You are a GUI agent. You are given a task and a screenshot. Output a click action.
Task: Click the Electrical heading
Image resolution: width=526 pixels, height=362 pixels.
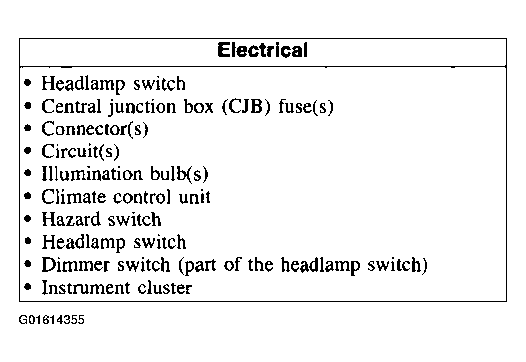(x=262, y=50)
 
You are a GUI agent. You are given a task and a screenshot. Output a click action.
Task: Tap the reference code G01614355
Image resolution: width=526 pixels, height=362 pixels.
(x=51, y=320)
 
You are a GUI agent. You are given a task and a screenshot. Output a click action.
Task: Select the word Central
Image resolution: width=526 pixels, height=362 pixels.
(x=72, y=106)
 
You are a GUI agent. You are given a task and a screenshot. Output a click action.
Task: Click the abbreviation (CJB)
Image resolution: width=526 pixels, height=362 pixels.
(x=246, y=107)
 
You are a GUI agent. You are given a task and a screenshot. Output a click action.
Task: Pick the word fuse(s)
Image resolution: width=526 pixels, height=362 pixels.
(x=306, y=107)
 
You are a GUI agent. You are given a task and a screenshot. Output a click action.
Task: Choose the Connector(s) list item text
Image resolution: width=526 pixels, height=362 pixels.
(x=95, y=129)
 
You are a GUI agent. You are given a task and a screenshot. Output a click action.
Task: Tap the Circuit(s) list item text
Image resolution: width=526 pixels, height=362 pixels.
(x=81, y=151)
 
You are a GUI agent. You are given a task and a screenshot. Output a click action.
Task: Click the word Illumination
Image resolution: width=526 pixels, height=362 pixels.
(x=92, y=174)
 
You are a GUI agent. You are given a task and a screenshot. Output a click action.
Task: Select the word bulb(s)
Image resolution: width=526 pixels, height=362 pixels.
(x=179, y=174)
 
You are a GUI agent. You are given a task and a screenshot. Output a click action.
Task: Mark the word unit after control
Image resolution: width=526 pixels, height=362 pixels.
(x=195, y=197)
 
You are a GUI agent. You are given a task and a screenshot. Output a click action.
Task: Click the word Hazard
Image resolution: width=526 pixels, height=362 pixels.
(x=71, y=219)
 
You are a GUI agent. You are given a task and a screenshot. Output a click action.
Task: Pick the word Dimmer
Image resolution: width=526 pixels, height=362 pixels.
(x=76, y=265)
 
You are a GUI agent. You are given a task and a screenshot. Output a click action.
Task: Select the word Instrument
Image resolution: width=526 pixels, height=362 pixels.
(x=86, y=288)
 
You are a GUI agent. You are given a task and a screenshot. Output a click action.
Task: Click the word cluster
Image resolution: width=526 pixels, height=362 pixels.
(x=165, y=288)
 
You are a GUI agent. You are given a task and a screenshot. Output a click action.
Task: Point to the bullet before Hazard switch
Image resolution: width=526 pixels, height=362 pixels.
(x=28, y=219)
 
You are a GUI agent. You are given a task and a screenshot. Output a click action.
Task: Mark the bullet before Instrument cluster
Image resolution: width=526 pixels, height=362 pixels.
(x=28, y=287)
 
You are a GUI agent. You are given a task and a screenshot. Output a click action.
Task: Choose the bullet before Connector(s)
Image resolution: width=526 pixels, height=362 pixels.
(x=28, y=128)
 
